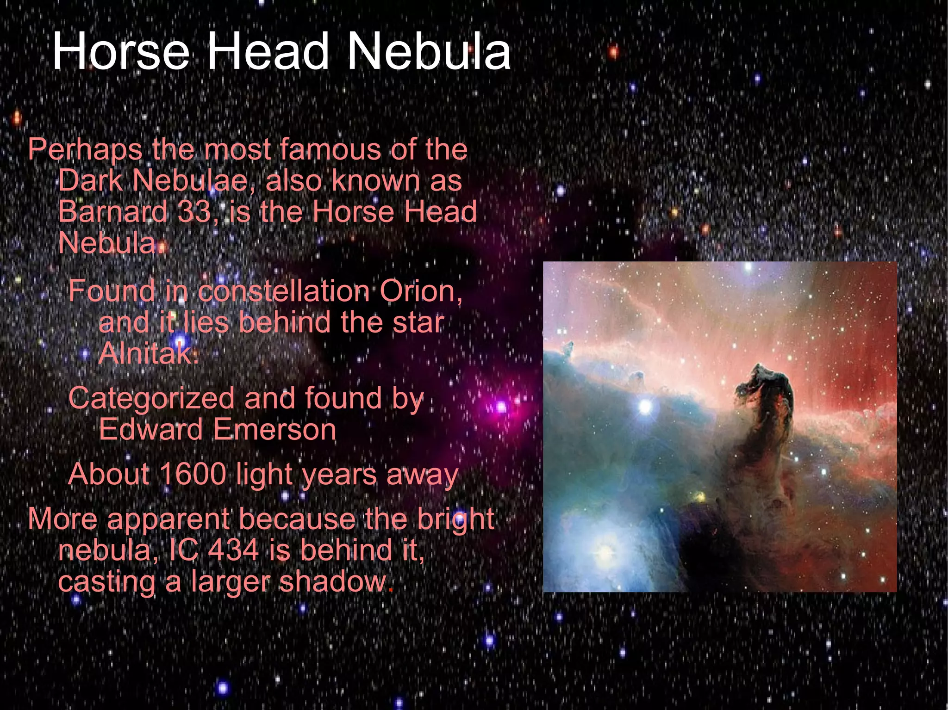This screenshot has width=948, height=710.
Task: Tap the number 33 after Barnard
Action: (195, 212)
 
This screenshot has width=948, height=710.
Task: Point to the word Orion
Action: (420, 291)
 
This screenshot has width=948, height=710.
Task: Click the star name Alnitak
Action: (148, 354)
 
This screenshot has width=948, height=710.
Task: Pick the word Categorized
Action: (151, 399)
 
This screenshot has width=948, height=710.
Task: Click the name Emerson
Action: (274, 430)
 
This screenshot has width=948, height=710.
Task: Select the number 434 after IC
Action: (233, 550)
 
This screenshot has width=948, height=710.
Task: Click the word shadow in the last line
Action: (332, 581)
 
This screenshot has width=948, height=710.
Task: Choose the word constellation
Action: (284, 291)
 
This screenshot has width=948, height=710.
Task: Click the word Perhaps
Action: (86, 150)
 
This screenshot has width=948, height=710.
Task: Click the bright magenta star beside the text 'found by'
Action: (501, 407)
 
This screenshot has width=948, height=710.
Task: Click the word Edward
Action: (151, 430)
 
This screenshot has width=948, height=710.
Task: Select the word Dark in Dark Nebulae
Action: (90, 180)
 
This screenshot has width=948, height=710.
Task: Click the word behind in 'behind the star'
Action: (285, 322)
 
